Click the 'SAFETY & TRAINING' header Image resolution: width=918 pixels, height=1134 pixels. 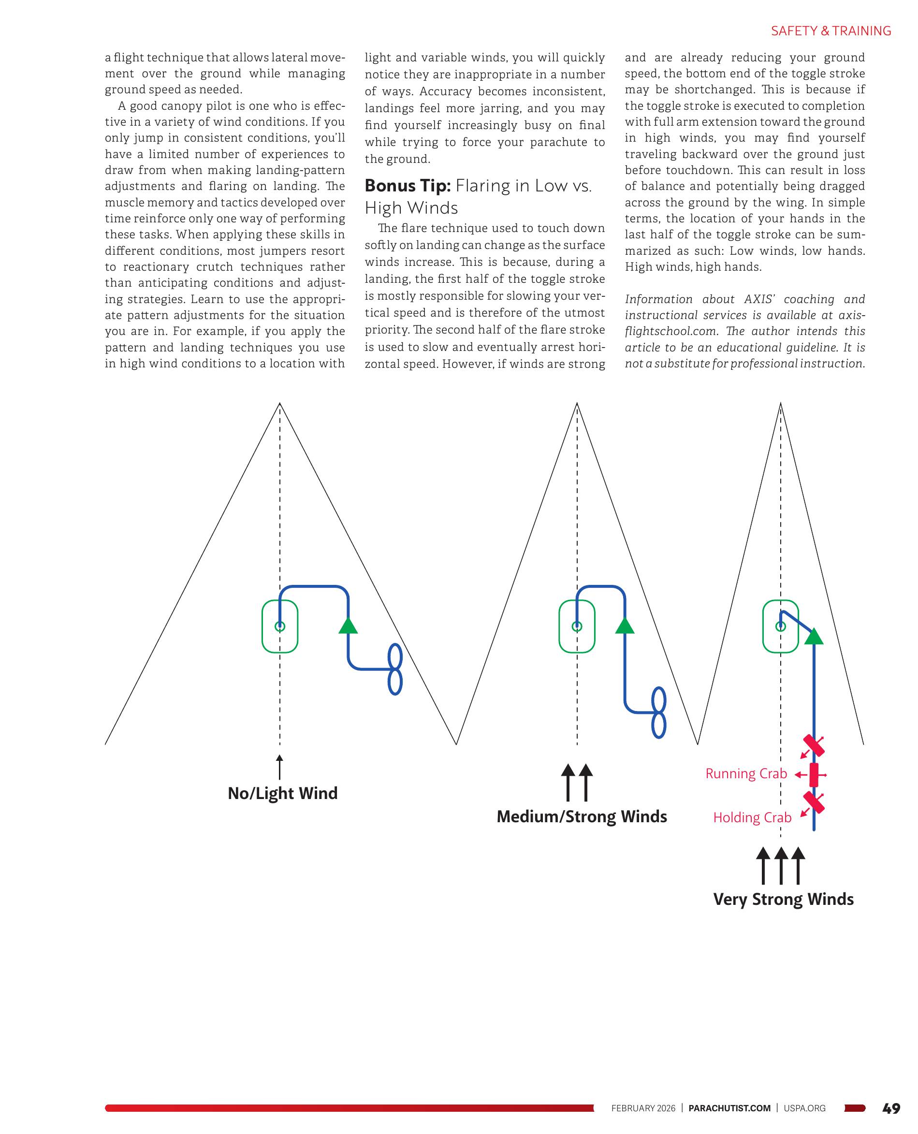(831, 31)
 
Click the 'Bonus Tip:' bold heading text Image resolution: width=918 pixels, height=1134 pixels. (407, 186)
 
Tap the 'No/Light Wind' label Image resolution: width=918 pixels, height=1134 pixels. (282, 793)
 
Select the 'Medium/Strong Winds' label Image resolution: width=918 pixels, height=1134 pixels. (581, 816)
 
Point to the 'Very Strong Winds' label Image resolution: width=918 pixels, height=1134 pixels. (783, 899)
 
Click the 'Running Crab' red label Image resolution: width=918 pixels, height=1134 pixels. (745, 773)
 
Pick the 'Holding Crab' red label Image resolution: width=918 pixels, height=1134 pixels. (752, 817)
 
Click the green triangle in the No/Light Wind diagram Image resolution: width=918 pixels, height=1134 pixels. (348, 625)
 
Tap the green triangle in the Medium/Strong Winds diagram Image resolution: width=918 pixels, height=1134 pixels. (625, 626)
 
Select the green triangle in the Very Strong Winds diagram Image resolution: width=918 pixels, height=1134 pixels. (814, 637)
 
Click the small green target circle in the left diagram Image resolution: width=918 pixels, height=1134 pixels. (280, 626)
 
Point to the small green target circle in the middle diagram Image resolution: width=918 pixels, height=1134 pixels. (577, 626)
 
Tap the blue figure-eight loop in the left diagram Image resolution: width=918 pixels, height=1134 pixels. (395, 669)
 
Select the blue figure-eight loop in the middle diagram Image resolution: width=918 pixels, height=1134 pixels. (658, 712)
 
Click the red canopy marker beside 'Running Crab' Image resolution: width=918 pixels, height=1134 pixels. (814, 775)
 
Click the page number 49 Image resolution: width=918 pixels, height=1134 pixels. (891, 1108)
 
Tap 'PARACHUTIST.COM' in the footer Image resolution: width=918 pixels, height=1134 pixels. (729, 1108)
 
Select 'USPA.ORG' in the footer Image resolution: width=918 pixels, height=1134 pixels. (804, 1108)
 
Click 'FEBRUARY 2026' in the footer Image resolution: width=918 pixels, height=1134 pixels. (643, 1108)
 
